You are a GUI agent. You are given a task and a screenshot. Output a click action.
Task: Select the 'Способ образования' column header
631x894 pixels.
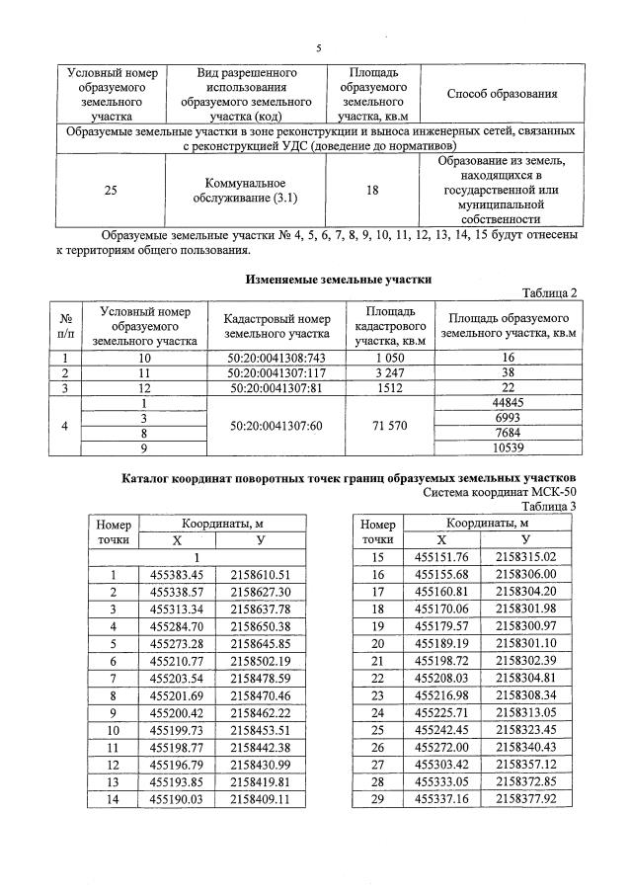pyautogui.click(x=503, y=94)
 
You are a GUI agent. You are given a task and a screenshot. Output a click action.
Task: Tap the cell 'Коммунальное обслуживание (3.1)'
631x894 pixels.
pyautogui.click(x=245, y=192)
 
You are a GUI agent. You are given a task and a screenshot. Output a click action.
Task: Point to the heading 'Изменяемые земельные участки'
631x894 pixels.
pyautogui.click(x=339, y=280)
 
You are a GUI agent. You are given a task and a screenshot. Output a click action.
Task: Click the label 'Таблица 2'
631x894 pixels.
pyautogui.click(x=548, y=293)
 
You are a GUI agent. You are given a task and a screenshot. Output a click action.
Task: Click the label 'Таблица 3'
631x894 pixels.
pyautogui.click(x=549, y=506)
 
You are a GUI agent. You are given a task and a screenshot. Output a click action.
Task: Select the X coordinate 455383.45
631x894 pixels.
pyautogui.click(x=177, y=574)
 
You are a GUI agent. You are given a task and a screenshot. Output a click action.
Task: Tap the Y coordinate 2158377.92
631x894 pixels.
pyautogui.click(x=527, y=798)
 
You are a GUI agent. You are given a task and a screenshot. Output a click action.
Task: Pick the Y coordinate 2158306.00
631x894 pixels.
pyautogui.click(x=527, y=574)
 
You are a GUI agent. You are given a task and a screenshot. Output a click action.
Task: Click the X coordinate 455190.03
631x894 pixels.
pyautogui.click(x=177, y=798)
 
